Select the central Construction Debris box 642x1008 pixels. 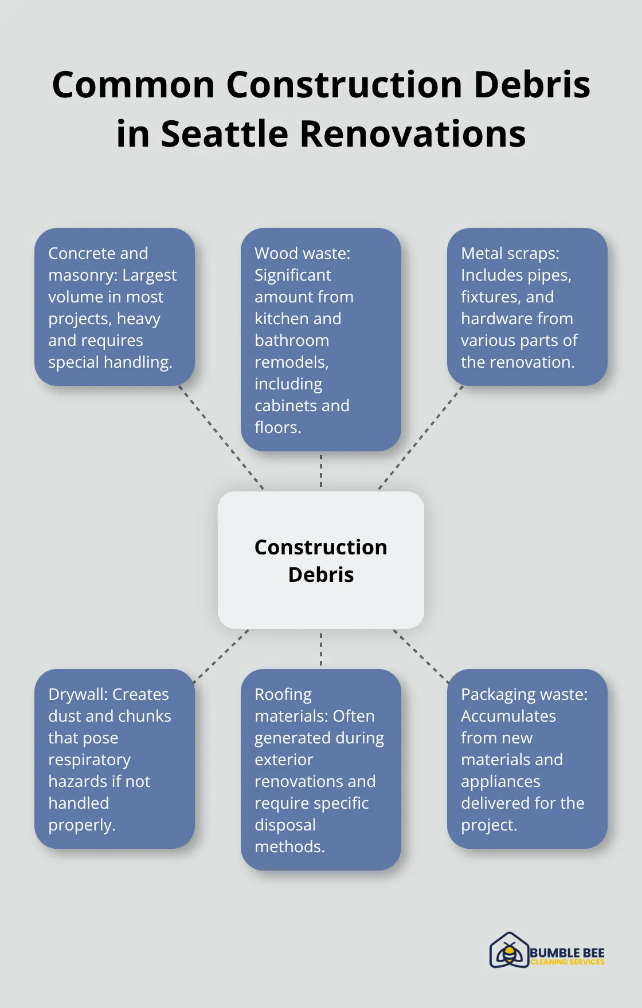tap(321, 560)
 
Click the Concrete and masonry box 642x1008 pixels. tap(115, 307)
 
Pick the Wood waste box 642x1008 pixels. tap(321, 339)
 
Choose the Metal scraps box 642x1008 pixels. tap(527, 307)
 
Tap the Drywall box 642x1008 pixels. tap(115, 759)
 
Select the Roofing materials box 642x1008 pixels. tap(321, 770)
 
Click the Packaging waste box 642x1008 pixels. tap(527, 759)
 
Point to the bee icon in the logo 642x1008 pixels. tap(508, 951)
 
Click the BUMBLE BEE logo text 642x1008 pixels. tap(567, 952)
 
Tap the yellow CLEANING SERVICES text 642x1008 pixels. tap(567, 962)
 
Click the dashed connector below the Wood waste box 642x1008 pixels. tap(321, 471)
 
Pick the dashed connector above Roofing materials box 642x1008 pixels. tap(321, 649)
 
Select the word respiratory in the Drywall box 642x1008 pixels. tap(89, 759)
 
